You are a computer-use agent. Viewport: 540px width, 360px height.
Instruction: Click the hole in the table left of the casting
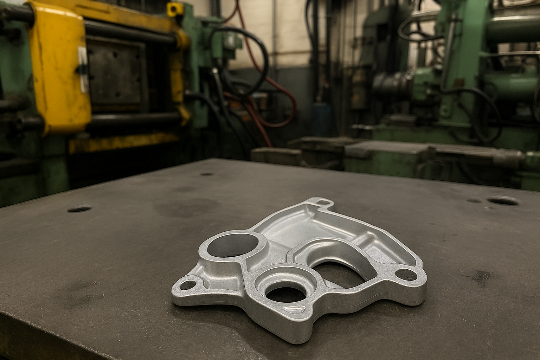[79, 208]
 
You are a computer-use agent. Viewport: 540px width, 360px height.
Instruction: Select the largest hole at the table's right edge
[503, 201]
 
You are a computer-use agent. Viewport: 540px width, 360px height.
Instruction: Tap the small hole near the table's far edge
[207, 174]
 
